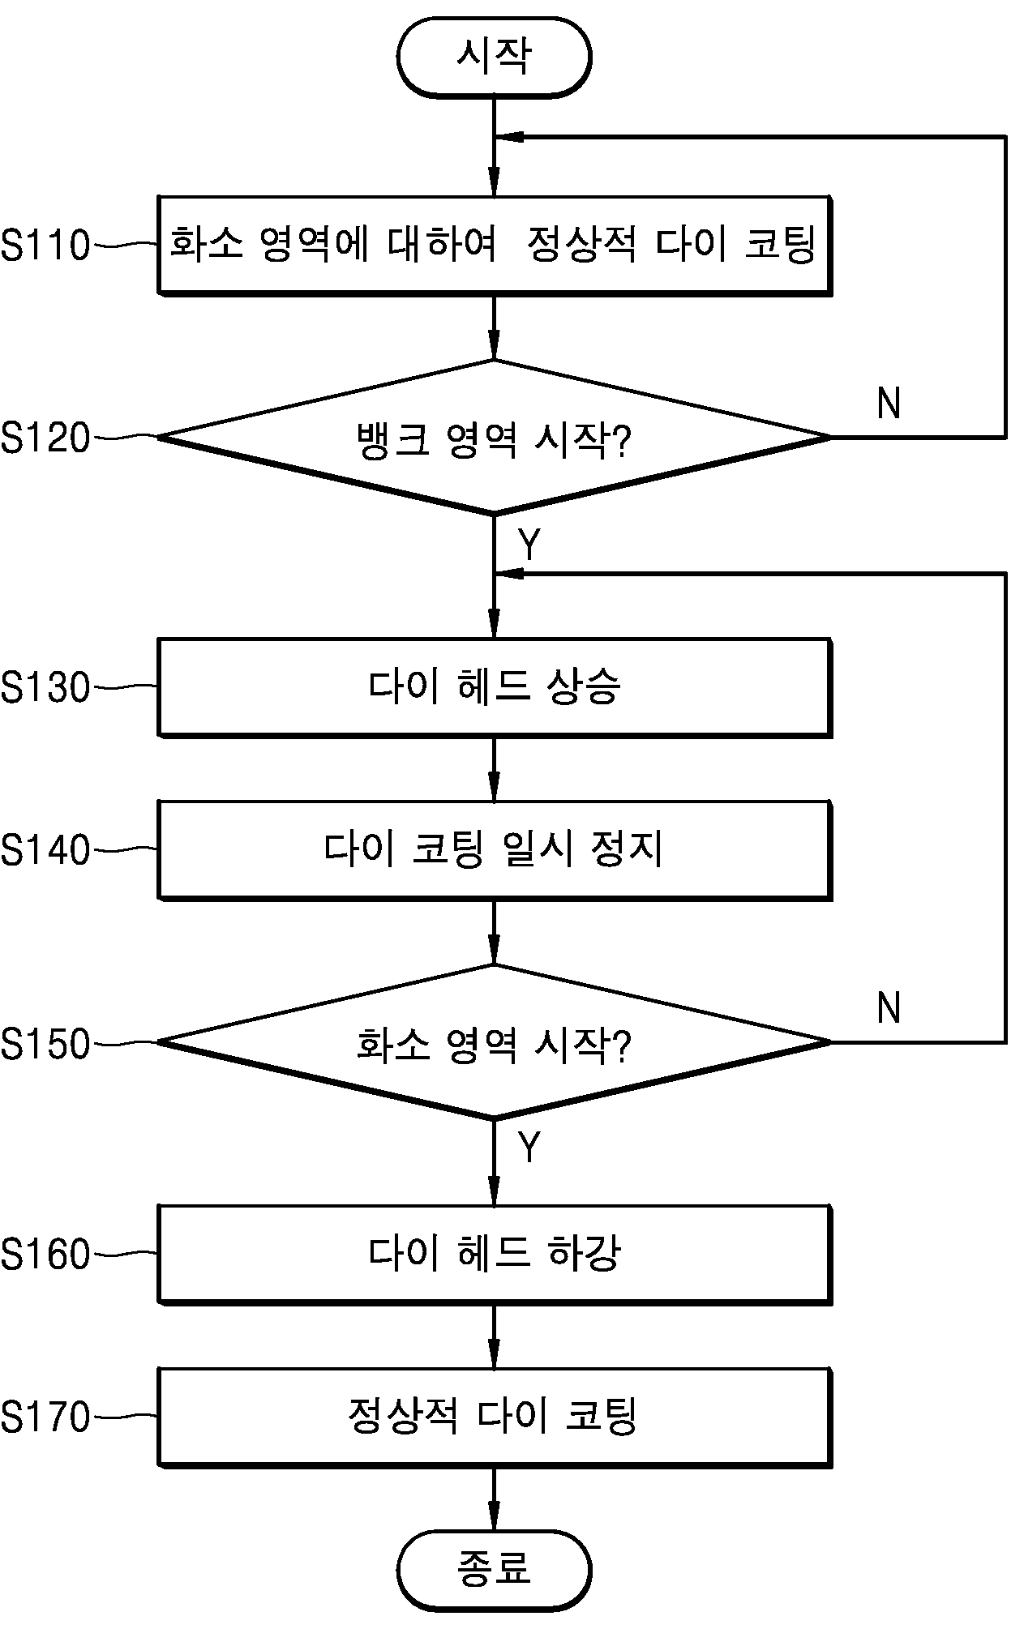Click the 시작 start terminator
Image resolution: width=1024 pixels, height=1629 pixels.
point(494,58)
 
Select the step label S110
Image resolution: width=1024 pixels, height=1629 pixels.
point(45,245)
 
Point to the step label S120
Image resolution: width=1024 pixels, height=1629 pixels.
point(45,438)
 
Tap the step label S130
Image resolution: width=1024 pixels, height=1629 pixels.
point(45,688)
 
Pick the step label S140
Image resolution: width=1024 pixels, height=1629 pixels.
point(45,850)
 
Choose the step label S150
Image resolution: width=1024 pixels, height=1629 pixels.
point(45,1044)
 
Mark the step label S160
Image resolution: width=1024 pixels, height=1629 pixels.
point(45,1255)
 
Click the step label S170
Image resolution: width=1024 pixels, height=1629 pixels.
point(45,1417)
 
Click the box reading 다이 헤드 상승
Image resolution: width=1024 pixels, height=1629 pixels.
point(495,687)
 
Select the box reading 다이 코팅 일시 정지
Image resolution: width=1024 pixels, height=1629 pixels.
point(495,849)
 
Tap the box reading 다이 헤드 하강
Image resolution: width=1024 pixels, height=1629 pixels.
point(495,1254)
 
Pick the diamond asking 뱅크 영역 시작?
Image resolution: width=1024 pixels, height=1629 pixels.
point(495,438)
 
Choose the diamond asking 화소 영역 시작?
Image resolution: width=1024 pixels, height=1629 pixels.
point(495,1042)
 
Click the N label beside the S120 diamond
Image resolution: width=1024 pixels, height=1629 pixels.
point(889,403)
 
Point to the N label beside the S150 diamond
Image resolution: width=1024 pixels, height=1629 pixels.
point(889,1008)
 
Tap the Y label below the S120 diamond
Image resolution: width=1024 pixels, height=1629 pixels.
point(529,545)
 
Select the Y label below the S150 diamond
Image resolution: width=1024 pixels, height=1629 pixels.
point(529,1148)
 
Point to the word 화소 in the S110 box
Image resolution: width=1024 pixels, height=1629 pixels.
point(206,243)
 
